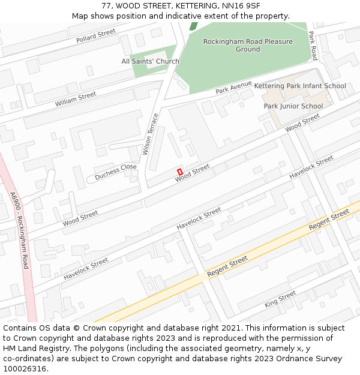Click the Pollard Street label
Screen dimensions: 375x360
(95, 36)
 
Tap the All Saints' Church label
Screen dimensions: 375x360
(150, 61)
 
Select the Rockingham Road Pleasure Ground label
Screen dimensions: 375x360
(248, 46)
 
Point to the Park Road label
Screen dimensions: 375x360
(313, 46)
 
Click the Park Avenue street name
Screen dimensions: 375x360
(233, 88)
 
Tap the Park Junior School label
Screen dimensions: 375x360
(293, 106)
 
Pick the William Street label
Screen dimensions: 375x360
(76, 100)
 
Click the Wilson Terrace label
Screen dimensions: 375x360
(151, 134)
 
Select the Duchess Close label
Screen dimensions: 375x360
(116, 170)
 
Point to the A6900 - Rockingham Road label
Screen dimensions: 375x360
(20, 230)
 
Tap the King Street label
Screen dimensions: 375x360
(280, 299)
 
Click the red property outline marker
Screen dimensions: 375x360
(179, 172)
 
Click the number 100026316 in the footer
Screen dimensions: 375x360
(25, 369)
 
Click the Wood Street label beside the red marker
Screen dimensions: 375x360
(192, 173)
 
